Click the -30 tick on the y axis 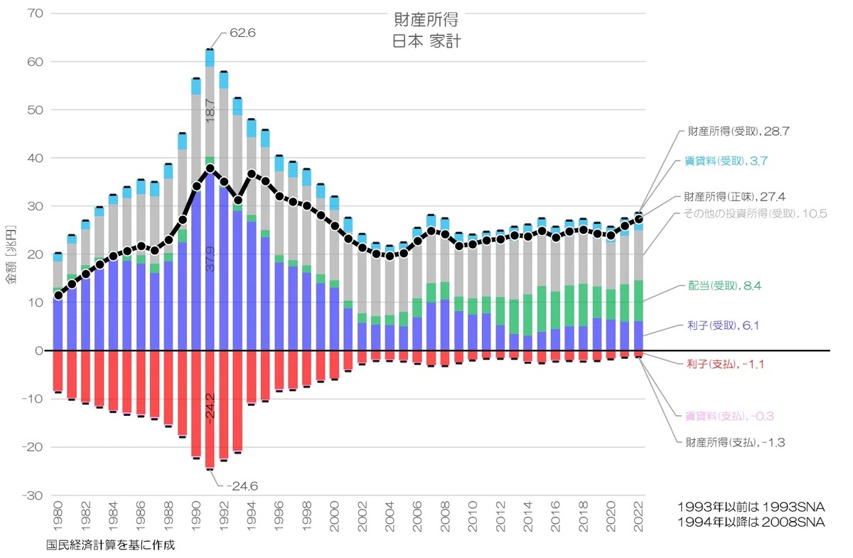(x=33, y=495)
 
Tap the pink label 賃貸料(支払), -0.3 (x=728, y=415)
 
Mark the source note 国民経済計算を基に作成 (x=110, y=545)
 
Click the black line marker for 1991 (x=210, y=168)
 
